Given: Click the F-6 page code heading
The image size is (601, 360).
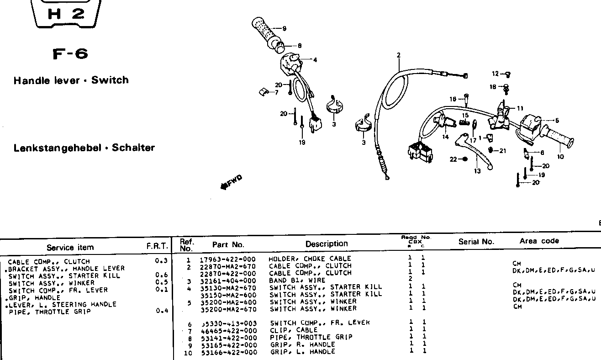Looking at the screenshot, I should tap(70, 54).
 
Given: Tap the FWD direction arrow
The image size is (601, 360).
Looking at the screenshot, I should tap(231, 182).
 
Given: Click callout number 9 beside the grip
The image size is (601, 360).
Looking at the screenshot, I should tap(284, 29).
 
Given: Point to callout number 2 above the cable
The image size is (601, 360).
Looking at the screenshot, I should tap(398, 55).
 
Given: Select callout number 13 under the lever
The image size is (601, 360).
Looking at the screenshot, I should tap(477, 171).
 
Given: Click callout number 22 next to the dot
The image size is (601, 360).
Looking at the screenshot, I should tap(453, 159).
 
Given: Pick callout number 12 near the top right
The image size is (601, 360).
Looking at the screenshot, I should tap(496, 74).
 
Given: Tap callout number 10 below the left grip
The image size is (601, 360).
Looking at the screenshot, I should tap(560, 157).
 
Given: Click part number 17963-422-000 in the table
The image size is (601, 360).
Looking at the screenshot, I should tap(227, 259).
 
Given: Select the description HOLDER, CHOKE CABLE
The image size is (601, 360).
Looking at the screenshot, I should tap(310, 259).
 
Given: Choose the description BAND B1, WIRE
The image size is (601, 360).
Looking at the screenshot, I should tap(297, 280).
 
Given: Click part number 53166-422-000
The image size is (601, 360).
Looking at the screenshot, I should tap(227, 352).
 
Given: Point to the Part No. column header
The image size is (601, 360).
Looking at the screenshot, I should tap(228, 244).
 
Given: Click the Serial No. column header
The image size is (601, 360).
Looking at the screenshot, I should tap(476, 242).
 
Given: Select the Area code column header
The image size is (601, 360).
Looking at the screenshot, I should tap(539, 241).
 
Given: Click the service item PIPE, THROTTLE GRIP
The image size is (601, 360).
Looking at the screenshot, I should tap(50, 312).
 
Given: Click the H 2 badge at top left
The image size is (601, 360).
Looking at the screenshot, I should tap(66, 14).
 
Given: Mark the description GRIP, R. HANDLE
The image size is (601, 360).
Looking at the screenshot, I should tap(302, 344).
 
